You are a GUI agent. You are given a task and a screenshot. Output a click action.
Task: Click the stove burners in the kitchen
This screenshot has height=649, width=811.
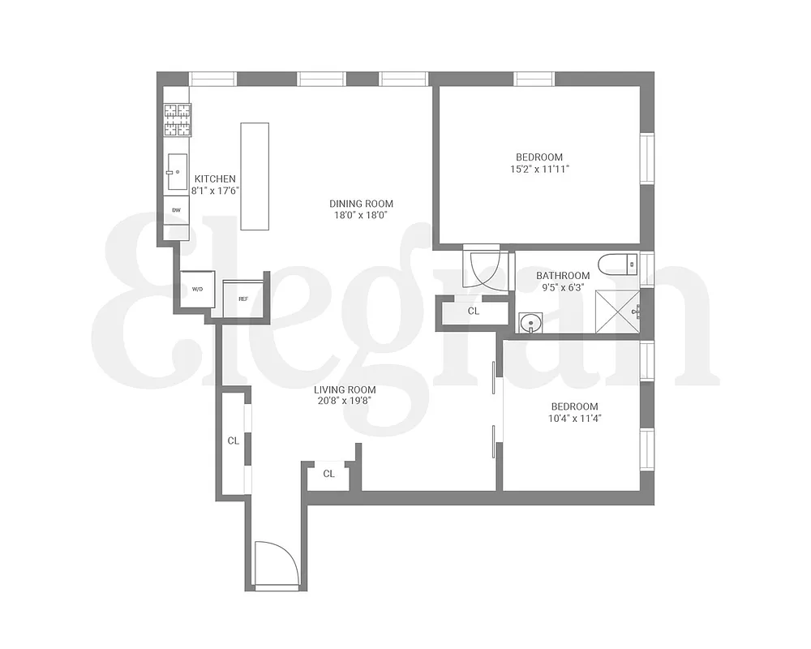178,120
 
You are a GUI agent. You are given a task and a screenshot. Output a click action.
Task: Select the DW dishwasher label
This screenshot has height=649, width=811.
176,209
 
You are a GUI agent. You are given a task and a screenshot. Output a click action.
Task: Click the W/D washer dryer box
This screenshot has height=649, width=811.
197,289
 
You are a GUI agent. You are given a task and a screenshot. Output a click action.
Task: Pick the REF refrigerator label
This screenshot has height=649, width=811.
242,299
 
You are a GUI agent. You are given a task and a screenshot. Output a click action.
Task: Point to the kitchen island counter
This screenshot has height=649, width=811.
255,178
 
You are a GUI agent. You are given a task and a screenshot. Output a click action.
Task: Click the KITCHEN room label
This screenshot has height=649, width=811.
215,179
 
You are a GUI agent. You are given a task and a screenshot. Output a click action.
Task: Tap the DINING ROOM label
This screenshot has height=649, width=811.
361,204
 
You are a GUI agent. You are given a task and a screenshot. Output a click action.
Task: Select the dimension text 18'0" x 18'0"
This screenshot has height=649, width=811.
361,216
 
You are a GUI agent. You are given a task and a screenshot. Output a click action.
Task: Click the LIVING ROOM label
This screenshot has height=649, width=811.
345,389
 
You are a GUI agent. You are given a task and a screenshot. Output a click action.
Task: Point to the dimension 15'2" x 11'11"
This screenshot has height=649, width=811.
539,170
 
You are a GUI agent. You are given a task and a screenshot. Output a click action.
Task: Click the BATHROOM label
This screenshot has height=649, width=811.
563,276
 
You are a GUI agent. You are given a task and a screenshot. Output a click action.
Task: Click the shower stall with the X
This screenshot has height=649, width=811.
617,310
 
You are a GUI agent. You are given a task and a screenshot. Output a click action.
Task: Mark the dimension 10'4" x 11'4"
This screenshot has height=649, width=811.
574,419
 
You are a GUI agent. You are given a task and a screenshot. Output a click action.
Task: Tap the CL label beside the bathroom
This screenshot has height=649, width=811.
474,311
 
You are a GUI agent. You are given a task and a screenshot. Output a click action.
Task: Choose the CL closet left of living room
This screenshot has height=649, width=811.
233,441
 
